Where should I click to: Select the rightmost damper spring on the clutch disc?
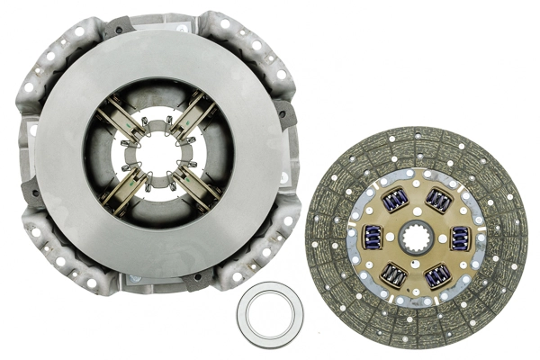460,238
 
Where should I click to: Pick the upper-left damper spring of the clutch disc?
393,201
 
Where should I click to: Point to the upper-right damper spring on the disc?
438,201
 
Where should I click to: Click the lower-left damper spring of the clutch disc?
393,274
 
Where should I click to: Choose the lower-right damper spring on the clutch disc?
438,274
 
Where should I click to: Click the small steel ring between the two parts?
270,314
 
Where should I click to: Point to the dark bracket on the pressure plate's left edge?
29,189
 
